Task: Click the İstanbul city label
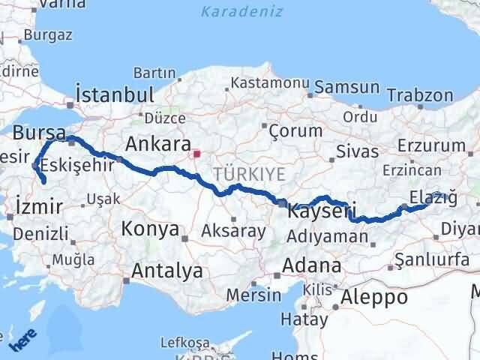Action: [115, 95]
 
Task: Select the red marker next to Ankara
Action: [197, 155]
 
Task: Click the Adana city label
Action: [312, 265]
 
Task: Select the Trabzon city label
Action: [421, 95]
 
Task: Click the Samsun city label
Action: [346, 88]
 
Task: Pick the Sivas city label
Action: [357, 151]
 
